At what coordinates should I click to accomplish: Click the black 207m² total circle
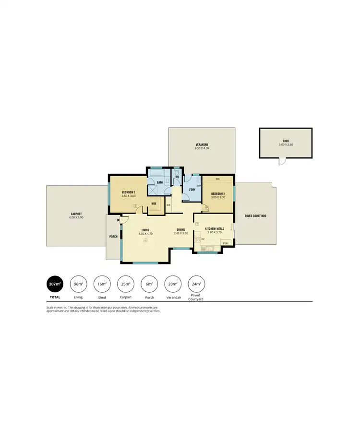pos(54,284)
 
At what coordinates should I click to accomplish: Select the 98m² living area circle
pos(78,284)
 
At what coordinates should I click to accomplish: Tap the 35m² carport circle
pos(125,284)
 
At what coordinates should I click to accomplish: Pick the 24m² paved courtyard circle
pos(196,284)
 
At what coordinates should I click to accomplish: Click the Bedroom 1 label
pos(128,192)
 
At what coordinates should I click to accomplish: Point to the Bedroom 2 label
pos(218,193)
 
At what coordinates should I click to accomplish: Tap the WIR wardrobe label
pos(154,203)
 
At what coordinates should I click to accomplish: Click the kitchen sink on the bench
pos(209,249)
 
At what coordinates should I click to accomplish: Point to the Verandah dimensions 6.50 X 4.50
pos(202,149)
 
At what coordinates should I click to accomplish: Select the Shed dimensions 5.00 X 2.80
pos(286,144)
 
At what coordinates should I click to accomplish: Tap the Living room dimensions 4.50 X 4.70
pos(145,234)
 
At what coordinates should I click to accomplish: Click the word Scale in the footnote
pos(50,307)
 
